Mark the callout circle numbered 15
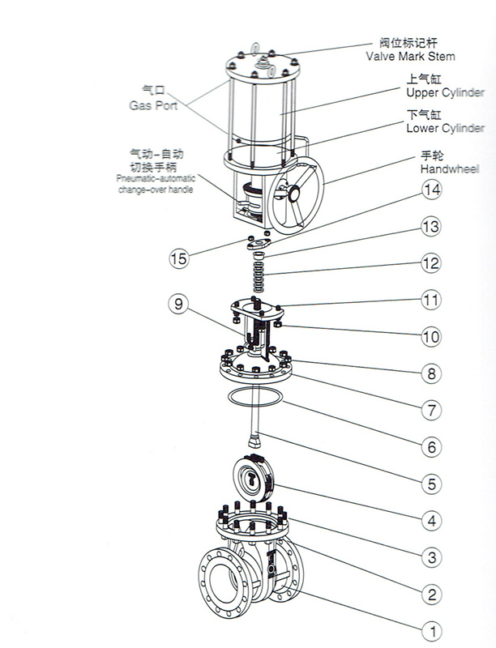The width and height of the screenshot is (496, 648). (178, 259)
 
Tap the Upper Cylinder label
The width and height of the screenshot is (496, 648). (445, 93)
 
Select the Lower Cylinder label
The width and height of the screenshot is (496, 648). (445, 128)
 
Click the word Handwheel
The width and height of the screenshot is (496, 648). (450, 169)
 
